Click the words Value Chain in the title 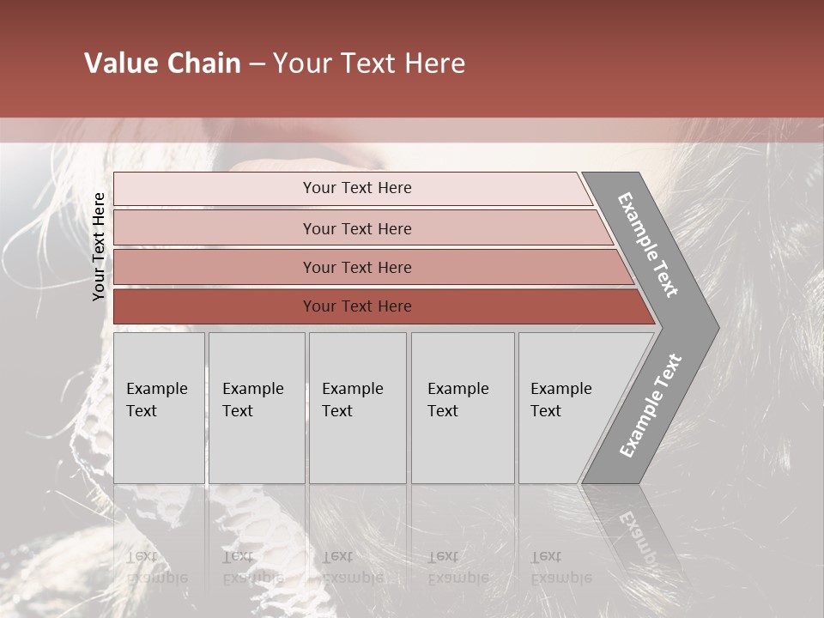tap(162, 64)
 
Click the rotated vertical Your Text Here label tap(99, 246)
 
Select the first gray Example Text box tap(159, 408)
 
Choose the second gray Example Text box tap(256, 408)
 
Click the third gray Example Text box tap(357, 408)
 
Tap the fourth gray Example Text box tap(462, 408)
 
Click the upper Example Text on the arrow tap(648, 245)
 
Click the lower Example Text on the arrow tap(650, 406)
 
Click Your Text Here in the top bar tap(357, 188)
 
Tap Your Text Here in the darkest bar tap(357, 306)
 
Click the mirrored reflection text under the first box tap(157, 567)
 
